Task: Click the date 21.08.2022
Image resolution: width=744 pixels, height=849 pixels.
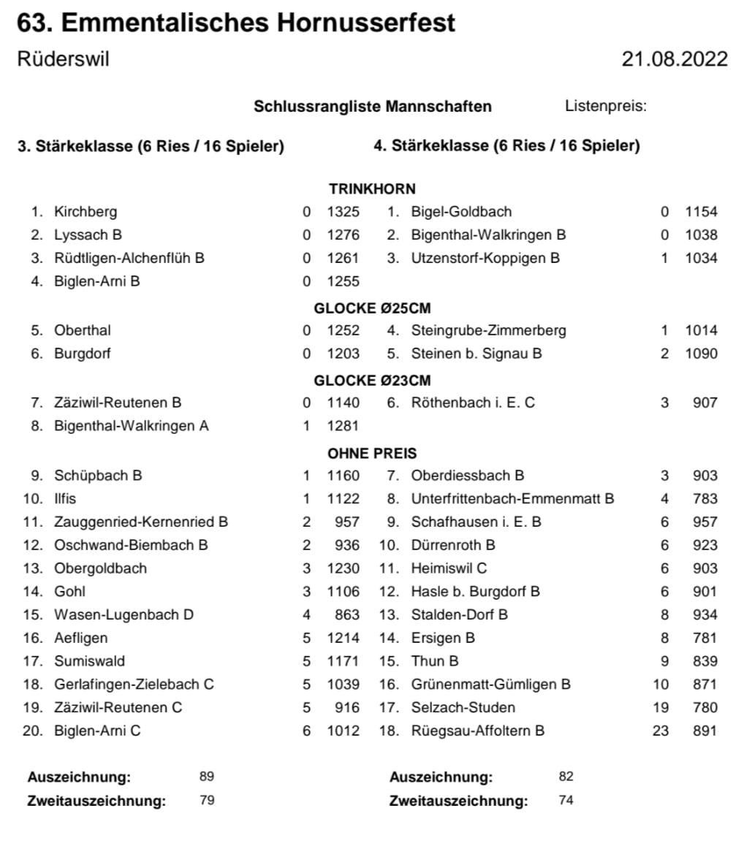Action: point(675,59)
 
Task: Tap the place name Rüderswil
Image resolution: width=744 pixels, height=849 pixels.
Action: point(63,59)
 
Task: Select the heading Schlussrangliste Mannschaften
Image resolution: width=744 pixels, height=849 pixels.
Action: point(373,107)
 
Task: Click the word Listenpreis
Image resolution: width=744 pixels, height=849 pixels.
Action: point(606,106)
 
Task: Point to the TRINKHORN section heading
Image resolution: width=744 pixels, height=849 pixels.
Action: point(372,189)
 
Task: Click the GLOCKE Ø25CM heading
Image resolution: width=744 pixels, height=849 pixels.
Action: point(372,308)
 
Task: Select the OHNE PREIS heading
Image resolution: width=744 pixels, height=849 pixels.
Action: point(372,453)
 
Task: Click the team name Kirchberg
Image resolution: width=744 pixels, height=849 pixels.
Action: point(86,212)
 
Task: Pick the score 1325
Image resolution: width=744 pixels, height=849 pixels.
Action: point(343,212)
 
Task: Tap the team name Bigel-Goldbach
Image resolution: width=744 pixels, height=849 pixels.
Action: point(461,212)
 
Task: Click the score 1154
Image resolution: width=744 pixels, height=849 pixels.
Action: point(701,212)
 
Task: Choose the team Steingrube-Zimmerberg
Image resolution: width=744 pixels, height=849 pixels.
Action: point(488,330)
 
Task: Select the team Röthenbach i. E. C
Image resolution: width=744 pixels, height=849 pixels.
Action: point(473,403)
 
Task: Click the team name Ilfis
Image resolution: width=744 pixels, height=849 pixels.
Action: point(65,499)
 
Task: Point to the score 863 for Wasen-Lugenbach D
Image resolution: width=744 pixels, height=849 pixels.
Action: point(347,615)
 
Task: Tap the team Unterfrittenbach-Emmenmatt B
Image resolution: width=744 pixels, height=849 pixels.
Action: point(512,499)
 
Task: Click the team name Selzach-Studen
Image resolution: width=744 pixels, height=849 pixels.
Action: point(463,707)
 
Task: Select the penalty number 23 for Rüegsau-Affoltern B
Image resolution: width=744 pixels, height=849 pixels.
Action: point(660,731)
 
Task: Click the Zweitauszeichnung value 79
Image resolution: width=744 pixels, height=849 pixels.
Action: point(207,800)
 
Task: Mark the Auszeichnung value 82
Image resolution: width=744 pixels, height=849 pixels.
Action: point(566,777)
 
